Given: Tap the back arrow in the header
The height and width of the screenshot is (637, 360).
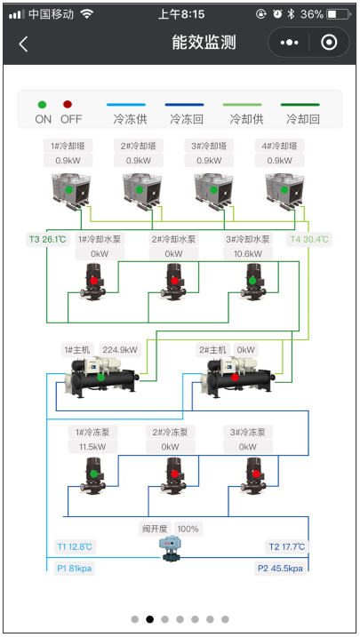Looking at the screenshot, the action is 23,44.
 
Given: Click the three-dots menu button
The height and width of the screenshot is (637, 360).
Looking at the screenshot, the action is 289,43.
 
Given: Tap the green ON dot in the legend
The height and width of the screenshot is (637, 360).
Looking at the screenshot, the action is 43,105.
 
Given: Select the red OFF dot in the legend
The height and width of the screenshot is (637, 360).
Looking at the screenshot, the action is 68,105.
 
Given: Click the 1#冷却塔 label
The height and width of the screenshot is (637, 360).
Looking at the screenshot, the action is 68,146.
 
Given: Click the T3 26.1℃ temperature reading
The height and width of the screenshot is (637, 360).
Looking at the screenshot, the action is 47,239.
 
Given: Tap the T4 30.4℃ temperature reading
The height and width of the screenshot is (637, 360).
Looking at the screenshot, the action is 309,239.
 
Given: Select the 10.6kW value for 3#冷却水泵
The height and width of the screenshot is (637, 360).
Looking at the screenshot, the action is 248,254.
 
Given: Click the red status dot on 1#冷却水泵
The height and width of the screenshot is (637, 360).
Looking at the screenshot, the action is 94,281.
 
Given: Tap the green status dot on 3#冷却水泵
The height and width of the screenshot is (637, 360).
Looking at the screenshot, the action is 252,281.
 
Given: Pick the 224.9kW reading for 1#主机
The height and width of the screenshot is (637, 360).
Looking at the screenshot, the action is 120,350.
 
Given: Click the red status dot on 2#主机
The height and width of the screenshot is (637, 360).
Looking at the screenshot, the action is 235,378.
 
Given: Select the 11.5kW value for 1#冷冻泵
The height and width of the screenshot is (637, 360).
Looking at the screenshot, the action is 92,447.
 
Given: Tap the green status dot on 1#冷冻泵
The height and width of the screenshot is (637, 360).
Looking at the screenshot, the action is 94,474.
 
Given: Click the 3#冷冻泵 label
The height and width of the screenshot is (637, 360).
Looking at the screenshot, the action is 248,433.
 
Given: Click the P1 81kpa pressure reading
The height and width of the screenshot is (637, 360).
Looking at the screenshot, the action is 75,569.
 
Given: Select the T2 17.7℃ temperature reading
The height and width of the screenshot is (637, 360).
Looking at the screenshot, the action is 287,546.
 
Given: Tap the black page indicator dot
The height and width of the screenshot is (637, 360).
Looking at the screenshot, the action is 150,619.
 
